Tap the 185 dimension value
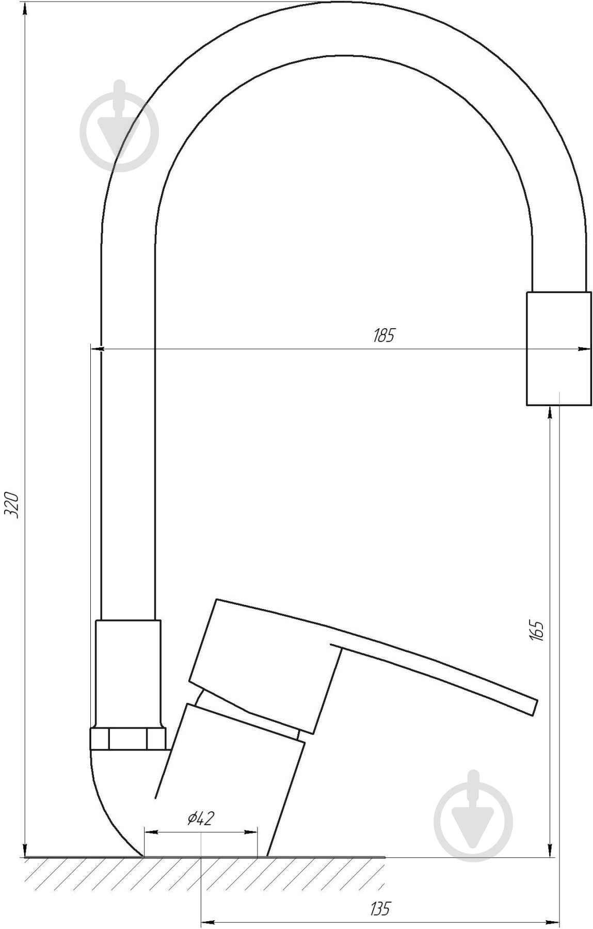383,335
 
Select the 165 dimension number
537,630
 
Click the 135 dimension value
380,908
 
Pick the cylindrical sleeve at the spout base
128,674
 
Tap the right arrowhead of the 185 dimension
586,349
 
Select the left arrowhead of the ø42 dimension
150,832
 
